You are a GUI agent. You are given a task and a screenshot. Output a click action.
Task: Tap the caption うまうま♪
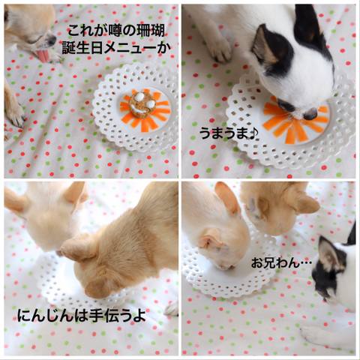229,133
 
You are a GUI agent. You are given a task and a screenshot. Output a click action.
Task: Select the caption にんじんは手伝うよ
82,315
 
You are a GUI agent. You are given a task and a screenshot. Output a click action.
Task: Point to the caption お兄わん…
281,262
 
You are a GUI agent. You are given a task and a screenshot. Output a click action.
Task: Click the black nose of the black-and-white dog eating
310,115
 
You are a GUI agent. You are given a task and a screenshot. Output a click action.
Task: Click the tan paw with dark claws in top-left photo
16,114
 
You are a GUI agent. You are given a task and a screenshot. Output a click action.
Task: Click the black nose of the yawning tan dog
52,40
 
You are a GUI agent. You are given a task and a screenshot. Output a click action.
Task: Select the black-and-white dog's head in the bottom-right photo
330,270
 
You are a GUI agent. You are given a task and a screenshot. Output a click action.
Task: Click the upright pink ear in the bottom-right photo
226,198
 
